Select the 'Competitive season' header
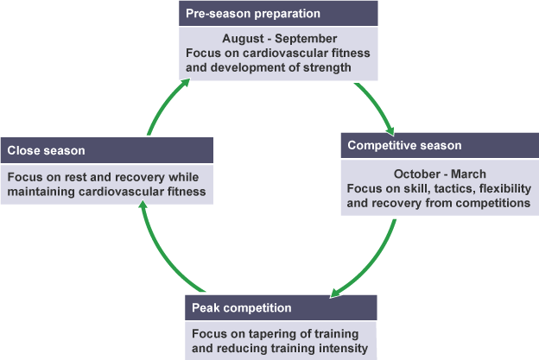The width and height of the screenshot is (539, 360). (x=405, y=145)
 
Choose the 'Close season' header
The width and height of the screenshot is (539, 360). (x=47, y=150)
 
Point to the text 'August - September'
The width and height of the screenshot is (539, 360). (x=278, y=39)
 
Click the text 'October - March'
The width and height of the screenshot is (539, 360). (x=439, y=174)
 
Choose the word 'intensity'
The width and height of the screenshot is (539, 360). (x=344, y=349)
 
